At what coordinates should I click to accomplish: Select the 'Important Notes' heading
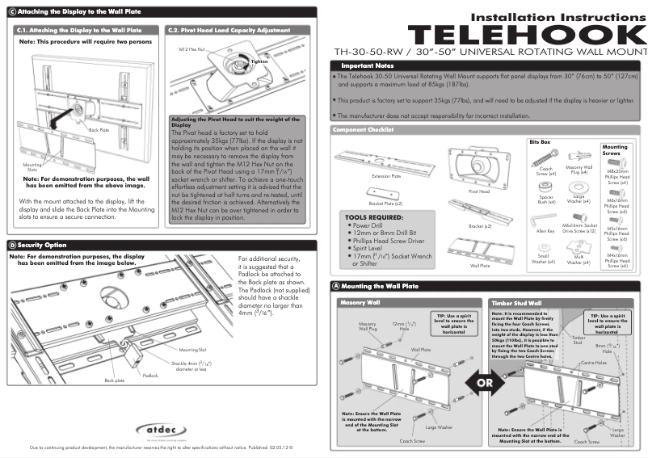[367, 65]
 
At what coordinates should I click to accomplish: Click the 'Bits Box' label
[540, 141]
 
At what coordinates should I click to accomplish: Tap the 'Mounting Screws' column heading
[615, 150]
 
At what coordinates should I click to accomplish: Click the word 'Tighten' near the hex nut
[259, 61]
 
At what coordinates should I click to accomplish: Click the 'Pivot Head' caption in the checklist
[479, 192]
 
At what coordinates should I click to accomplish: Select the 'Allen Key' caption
[545, 231]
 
